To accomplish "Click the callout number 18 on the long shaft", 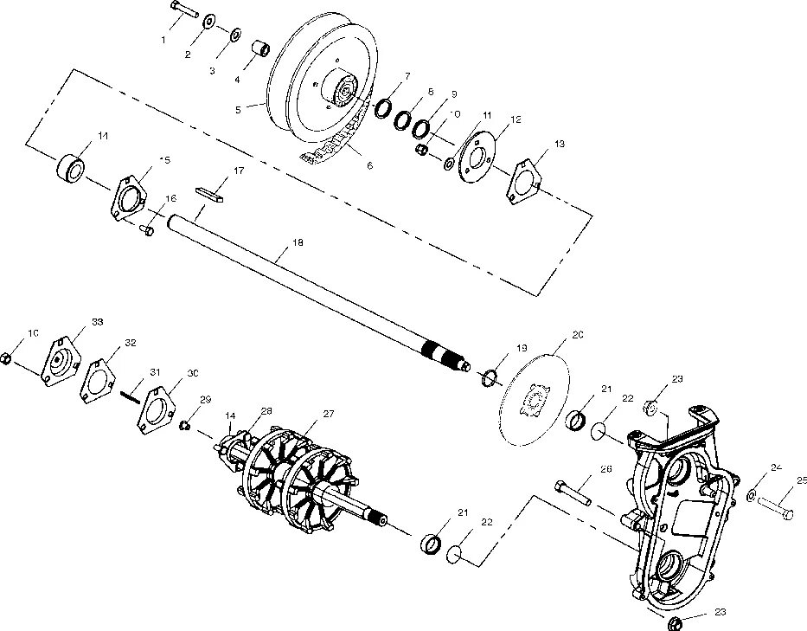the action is (298, 243).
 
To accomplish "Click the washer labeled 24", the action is (752, 495).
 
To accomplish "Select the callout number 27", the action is (328, 414).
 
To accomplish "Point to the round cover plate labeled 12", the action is (473, 157).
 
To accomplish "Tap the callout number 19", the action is (521, 348).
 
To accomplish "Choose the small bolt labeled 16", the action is (147, 230).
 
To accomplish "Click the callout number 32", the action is (131, 343).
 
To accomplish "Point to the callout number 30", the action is (193, 373).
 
